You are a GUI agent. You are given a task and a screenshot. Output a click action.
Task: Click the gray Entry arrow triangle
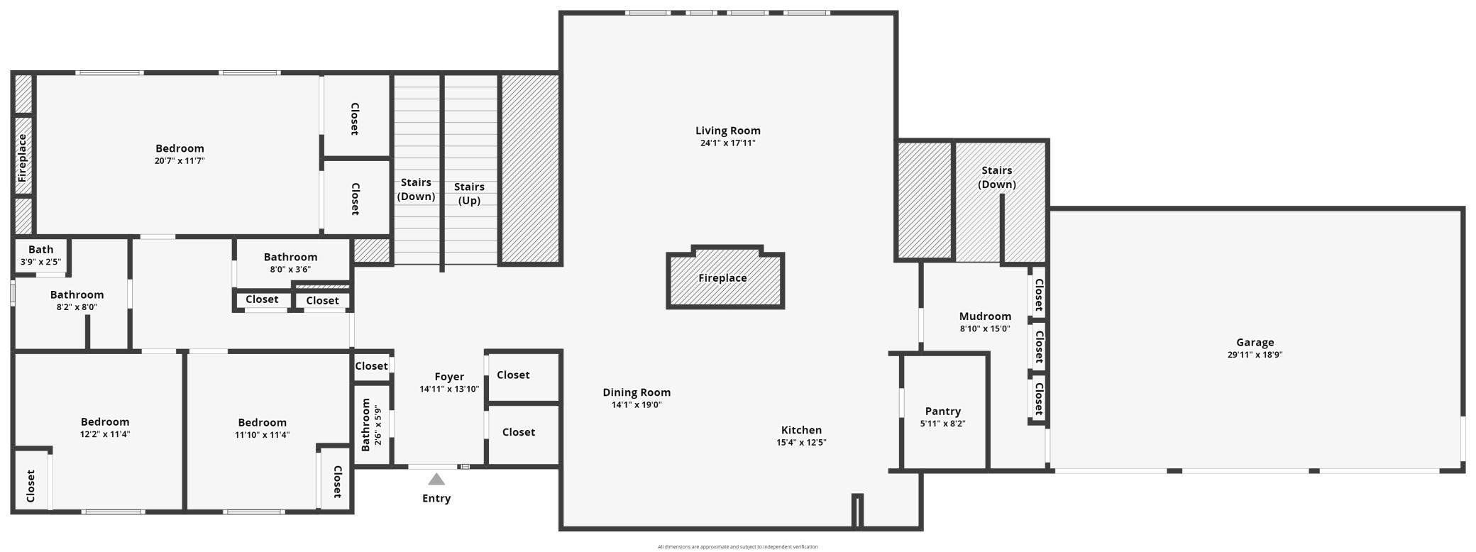436,480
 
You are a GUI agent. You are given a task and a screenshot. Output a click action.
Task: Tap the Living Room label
728,131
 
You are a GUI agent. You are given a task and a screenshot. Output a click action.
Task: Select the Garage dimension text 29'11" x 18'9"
1255,355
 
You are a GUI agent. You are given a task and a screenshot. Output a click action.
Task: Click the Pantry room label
943,412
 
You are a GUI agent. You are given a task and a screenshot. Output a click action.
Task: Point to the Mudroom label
985,316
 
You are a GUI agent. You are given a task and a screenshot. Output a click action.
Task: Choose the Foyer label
449,377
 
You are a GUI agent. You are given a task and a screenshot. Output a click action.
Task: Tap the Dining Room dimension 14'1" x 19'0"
637,405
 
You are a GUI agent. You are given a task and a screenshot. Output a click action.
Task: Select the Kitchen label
801,430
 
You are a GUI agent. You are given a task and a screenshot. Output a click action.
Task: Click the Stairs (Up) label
469,194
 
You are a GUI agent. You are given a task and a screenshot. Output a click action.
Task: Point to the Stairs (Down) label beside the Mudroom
997,177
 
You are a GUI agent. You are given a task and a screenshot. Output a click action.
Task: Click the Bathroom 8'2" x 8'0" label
77,301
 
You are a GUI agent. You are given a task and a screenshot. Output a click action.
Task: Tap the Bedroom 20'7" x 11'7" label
180,154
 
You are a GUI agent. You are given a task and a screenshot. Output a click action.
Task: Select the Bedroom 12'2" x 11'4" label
105,428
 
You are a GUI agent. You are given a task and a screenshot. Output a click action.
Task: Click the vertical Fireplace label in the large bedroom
22,158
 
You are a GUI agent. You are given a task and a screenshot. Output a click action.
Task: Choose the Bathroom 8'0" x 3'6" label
290,263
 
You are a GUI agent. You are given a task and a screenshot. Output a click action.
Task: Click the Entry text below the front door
436,498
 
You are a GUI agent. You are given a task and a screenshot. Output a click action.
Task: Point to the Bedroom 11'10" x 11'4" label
263,429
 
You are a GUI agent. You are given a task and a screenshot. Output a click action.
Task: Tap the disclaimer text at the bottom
737,546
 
